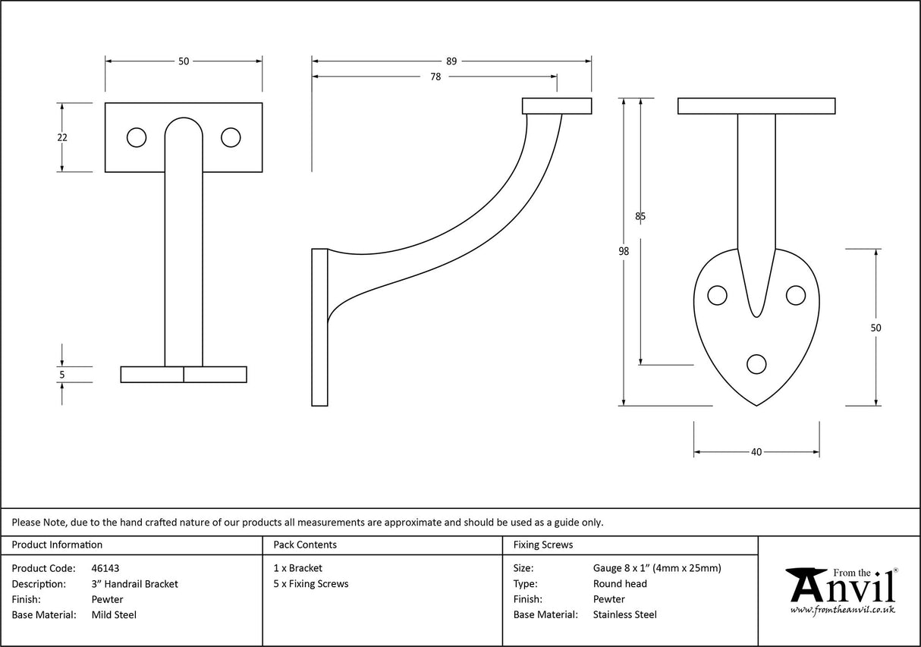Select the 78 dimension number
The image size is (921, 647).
click(x=435, y=77)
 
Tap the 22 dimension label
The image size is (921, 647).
click(x=62, y=137)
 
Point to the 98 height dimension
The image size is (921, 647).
click(x=624, y=252)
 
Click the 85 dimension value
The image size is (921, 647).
click(x=640, y=216)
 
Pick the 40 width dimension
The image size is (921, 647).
click(x=756, y=452)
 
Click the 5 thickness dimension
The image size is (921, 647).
click(x=62, y=374)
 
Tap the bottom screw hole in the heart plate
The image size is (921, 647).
click(x=756, y=365)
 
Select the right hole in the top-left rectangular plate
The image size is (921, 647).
click(x=231, y=137)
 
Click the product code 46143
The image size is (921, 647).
click(x=105, y=568)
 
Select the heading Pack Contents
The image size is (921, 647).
click(x=305, y=545)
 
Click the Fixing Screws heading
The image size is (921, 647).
click(x=543, y=545)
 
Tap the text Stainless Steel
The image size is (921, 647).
click(x=624, y=615)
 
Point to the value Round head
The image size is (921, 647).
click(x=620, y=584)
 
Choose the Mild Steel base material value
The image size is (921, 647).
click(x=114, y=615)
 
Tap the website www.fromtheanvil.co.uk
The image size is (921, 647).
click(x=842, y=610)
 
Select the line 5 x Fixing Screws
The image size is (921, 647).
click(x=311, y=584)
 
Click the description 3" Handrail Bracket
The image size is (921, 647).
click(x=134, y=584)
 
